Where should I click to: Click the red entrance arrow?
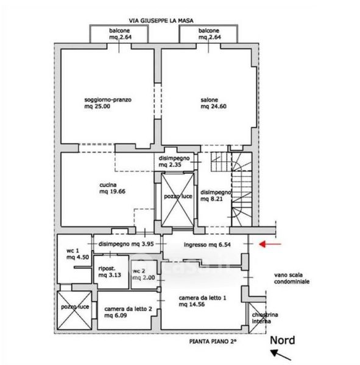coord(270,244)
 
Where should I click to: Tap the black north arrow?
coord(281,355)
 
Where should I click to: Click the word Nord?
coord(283,340)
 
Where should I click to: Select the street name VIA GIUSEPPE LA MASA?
coord(161,21)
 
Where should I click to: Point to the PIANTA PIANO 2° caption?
coord(213,341)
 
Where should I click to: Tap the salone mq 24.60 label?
coord(214,103)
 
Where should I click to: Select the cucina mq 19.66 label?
coord(112,188)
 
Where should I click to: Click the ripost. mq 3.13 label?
coord(110,272)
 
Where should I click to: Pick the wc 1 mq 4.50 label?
coord(77,254)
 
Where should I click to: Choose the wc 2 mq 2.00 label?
coord(144,274)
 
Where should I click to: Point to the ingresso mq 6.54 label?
coord(207,245)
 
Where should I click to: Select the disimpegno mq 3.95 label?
coord(126,244)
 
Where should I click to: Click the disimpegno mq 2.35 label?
coord(174,161)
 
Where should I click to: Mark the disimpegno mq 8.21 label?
coord(216,195)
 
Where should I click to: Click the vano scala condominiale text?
coord(292,278)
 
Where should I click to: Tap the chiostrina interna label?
coord(265,318)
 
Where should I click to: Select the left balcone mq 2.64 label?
coord(120,33)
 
